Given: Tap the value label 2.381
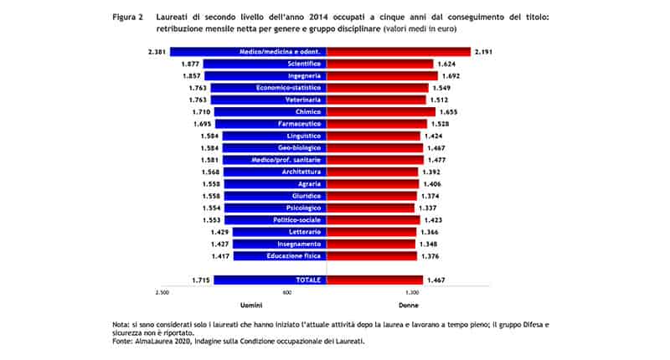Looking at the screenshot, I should pos(155,52).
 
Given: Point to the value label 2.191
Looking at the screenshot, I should pos(482,52).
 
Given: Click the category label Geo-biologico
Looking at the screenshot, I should pos(299,147).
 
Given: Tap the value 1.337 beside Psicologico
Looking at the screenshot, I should pos(426,208).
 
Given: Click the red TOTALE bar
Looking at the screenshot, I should pos(374,280).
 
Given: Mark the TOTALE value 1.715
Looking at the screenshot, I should pos(201,280).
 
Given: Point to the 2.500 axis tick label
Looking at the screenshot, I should pos(162,293).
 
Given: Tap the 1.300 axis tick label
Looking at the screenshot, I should pos(411,293).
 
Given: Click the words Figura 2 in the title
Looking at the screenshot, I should pos(127,16).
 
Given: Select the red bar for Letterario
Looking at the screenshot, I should pos(373,231).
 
